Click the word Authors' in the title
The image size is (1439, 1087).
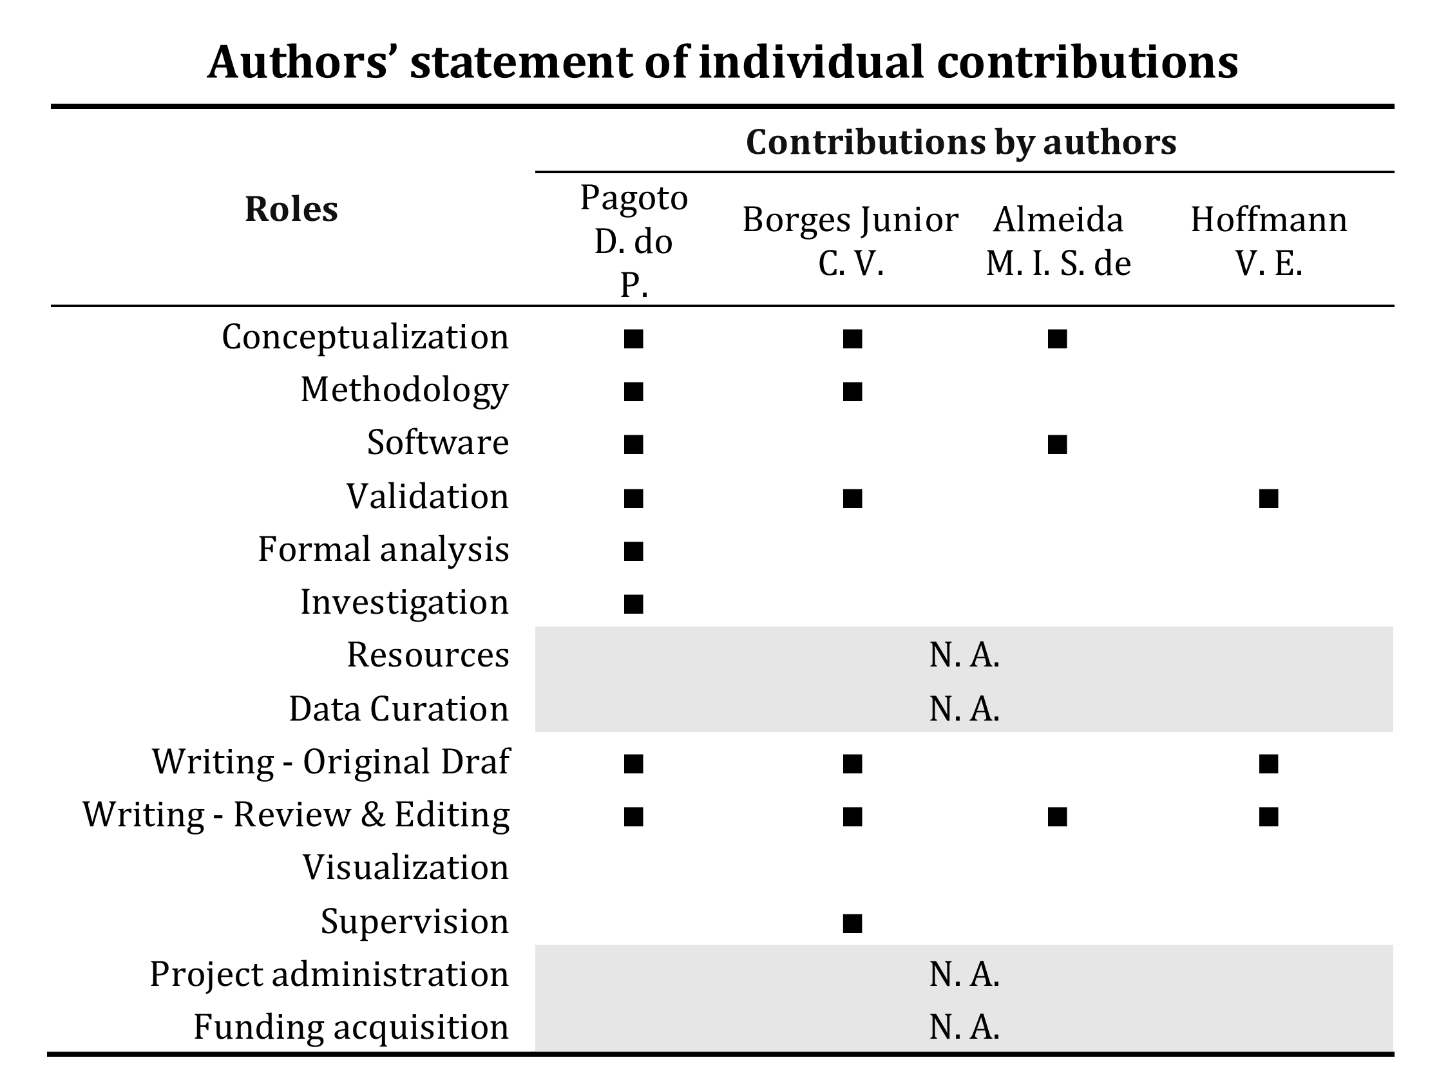point(298,63)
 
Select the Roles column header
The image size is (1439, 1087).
point(291,209)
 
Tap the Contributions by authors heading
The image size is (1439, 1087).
point(961,142)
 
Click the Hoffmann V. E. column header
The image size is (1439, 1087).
point(1268,241)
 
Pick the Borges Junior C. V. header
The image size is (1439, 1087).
point(850,241)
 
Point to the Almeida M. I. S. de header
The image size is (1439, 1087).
point(1058,241)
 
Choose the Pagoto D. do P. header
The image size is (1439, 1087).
point(634,241)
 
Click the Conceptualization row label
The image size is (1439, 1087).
point(365,337)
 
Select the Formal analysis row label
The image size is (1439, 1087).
point(383,550)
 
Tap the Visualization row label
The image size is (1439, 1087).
point(405,868)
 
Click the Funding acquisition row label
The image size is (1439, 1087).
point(350,1028)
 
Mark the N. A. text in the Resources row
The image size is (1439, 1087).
point(964,655)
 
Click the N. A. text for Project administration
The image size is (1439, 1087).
point(964,974)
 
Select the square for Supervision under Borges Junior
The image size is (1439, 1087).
point(852,923)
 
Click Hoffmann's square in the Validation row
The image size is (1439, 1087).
point(1268,498)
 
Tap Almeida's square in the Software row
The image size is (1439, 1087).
point(1057,444)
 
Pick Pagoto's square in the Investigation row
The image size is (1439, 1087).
point(633,604)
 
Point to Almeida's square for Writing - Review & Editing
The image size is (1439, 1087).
point(1057,817)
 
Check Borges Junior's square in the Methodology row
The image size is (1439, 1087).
point(852,392)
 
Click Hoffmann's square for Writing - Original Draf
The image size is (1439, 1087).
point(1268,764)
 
